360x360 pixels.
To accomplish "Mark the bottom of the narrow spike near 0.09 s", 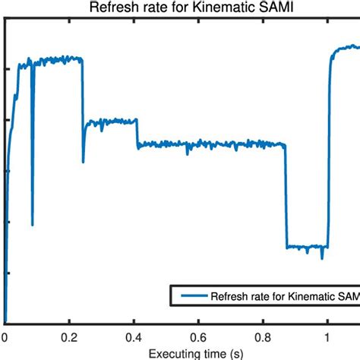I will click(32, 224).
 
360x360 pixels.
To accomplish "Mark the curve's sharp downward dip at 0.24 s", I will click(84, 161).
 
